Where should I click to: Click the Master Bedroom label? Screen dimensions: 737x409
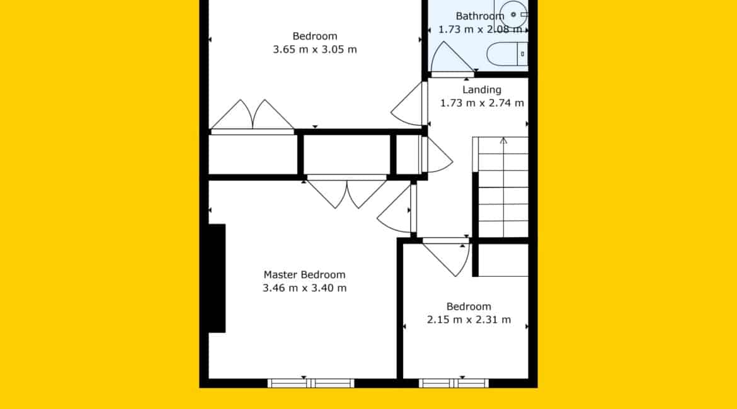tap(304, 275)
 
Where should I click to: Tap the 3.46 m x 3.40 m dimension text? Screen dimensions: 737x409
tap(305, 288)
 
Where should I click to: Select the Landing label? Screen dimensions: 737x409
tap(482, 90)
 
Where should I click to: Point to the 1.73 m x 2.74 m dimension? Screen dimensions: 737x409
tap(482, 103)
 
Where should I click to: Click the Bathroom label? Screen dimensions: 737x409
tap(480, 16)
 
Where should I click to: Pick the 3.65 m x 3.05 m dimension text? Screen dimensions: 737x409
tap(315, 49)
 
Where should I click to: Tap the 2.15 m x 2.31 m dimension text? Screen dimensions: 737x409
tap(469, 320)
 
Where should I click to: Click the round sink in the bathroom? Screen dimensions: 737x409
tap(514, 14)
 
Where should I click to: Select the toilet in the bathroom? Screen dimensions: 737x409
tap(507, 54)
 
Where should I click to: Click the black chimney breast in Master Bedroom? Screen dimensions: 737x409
tap(217, 278)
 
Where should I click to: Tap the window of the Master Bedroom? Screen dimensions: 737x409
tap(311, 383)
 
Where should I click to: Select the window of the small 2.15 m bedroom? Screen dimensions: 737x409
tap(454, 383)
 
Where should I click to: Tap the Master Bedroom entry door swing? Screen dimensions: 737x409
tap(396, 208)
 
